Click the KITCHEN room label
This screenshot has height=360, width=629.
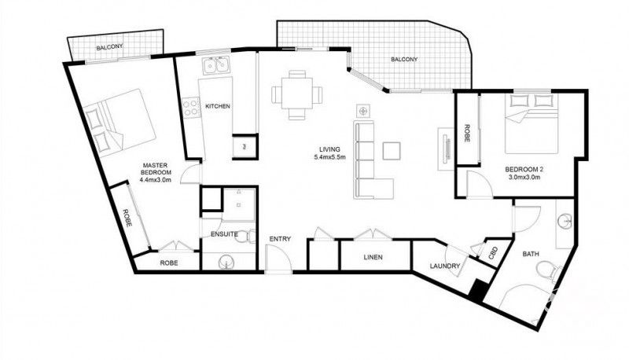218,106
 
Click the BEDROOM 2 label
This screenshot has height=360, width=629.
523,174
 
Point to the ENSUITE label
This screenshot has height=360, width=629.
214,233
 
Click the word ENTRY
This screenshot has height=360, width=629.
281,239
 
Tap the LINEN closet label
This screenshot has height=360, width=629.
373,257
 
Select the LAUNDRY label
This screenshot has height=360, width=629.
443,266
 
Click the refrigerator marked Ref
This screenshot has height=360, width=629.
245,146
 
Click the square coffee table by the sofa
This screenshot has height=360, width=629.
392,149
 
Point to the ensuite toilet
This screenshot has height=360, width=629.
245,236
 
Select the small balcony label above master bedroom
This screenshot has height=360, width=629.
109,48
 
